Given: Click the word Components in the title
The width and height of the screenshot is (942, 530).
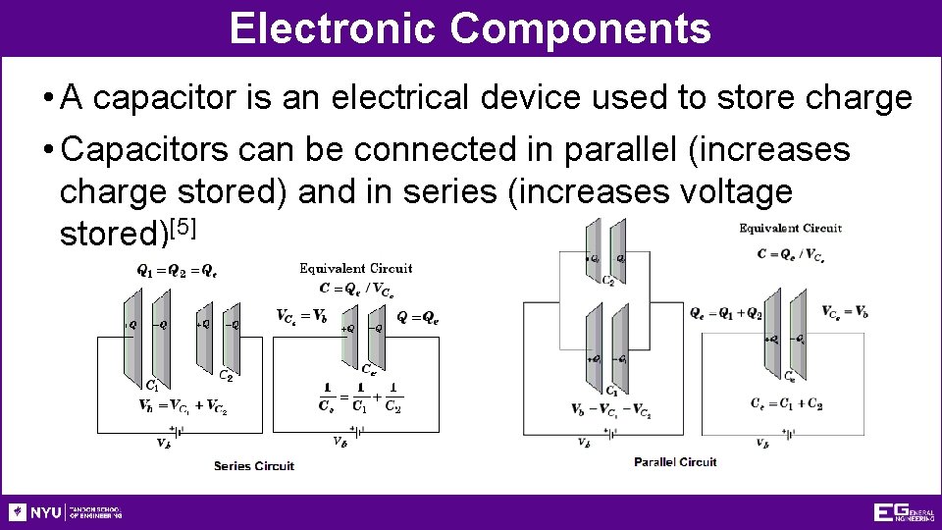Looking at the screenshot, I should click(580, 28).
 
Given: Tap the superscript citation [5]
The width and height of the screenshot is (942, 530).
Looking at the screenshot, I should click(184, 229).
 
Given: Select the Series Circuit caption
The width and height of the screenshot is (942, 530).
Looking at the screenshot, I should click(254, 465).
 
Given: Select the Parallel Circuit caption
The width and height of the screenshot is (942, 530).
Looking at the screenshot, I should click(675, 461).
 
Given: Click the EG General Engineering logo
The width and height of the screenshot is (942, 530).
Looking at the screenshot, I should click(903, 512).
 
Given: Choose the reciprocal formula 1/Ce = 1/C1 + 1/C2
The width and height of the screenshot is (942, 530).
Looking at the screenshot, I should click(360, 397).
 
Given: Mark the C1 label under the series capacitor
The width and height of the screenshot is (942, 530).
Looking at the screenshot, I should click(152, 384).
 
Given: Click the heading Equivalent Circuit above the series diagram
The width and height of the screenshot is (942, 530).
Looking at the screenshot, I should click(355, 268).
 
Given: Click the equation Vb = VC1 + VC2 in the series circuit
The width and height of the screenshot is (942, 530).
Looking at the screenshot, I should click(183, 405).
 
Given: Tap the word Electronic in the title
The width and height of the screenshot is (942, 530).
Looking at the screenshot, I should click(334, 28).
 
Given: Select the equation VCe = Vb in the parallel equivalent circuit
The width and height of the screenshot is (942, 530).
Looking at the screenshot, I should click(844, 312).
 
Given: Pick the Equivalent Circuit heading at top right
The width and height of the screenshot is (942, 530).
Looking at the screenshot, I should click(790, 229).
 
